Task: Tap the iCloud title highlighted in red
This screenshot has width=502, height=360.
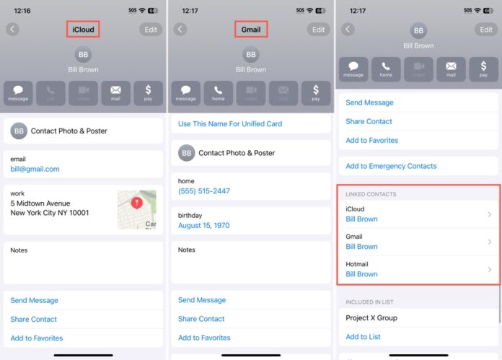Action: point(83,30)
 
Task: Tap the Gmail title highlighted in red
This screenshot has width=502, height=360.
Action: point(251,30)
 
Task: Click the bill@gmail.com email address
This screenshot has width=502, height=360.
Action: point(35,169)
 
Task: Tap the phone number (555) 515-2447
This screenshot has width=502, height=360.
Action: point(205,191)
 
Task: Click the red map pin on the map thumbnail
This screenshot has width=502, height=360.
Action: point(137,203)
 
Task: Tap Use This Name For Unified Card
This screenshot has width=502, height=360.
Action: point(230,124)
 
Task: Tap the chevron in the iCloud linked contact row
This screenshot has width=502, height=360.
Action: point(490,214)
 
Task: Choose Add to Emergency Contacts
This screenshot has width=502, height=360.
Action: point(391,166)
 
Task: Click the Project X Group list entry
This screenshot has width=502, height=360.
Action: point(371,318)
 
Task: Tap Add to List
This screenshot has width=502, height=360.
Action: point(363,337)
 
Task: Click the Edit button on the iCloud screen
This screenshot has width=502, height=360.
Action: point(151,30)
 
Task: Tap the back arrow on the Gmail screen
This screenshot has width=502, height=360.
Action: point(180,30)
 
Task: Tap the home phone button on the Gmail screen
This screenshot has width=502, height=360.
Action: point(218,92)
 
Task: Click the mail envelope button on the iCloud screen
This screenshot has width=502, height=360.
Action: point(115,92)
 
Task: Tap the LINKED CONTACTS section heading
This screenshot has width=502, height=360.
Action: point(371,195)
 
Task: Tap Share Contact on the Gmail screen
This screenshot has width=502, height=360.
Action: point(201,319)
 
